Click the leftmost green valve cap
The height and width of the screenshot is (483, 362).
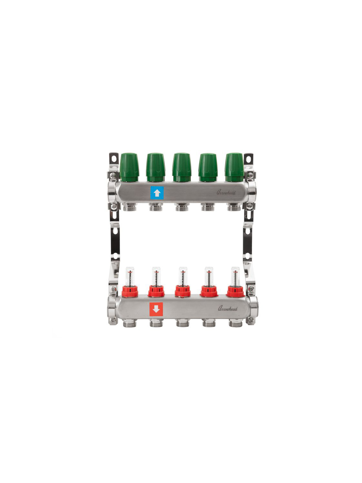coord(129,167)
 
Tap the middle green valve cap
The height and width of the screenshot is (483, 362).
coord(181,167)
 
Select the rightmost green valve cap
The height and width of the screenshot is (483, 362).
coord(234,167)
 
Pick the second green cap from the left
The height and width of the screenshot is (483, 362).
coord(156,167)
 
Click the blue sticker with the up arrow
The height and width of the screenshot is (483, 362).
coord(157,193)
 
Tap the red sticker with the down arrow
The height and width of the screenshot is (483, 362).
coord(156,309)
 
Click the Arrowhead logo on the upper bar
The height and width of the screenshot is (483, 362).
coord(226,192)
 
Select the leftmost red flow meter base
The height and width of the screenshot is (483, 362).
coord(130,291)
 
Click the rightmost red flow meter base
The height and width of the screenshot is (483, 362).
coord(236,291)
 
